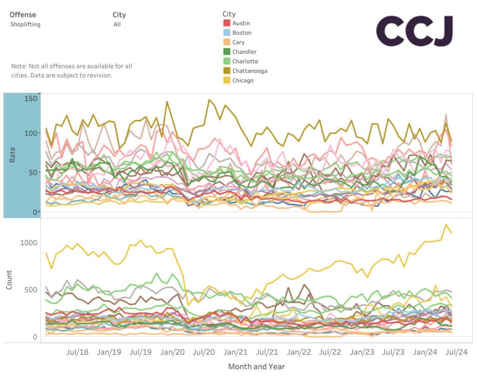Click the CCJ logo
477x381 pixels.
pyautogui.click(x=414, y=31)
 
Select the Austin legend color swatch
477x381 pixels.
pyautogui.click(x=227, y=23)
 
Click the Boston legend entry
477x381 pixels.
pyautogui.click(x=242, y=33)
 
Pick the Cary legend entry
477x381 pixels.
pyautogui.click(x=238, y=42)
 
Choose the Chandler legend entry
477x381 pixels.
pyautogui.click(x=244, y=52)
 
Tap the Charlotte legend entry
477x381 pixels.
pyautogui.click(x=245, y=61)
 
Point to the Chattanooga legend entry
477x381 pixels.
pyautogui.click(x=250, y=71)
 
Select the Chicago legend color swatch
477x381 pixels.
pyautogui.click(x=227, y=80)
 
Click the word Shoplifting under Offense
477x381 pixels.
pyautogui.click(x=25, y=24)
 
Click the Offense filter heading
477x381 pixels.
pyautogui.click(x=22, y=15)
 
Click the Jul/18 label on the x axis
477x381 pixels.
pyautogui.click(x=77, y=352)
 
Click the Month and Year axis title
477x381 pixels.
pyautogui.click(x=256, y=367)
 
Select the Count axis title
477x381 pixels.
pyautogui.click(x=9, y=280)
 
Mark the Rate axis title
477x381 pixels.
pyautogui.click(x=13, y=155)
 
